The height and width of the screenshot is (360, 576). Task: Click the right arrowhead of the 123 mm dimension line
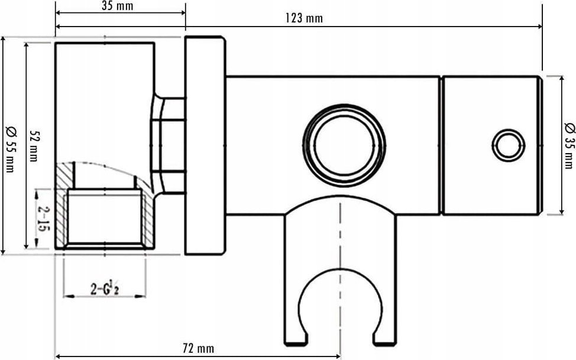click(542, 27)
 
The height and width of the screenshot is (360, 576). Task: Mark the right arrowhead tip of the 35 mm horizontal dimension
click(185, 13)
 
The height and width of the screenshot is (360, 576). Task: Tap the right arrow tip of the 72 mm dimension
click(340, 356)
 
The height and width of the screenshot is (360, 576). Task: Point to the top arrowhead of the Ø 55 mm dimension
click(4, 37)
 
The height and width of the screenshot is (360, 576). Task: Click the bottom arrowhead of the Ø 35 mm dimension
click(561, 214)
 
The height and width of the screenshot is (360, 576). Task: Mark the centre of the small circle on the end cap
click(509, 145)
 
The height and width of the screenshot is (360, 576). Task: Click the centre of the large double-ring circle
click(344, 145)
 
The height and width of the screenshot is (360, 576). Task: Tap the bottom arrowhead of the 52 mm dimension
click(26, 248)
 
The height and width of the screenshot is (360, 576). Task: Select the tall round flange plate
click(205, 145)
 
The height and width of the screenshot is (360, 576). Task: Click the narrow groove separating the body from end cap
click(441, 145)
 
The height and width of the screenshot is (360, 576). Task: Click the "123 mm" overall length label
click(304, 18)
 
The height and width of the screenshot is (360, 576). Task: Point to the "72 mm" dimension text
click(198, 348)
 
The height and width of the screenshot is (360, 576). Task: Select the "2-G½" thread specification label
click(105, 289)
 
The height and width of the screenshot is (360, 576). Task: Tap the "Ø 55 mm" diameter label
click(11, 148)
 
